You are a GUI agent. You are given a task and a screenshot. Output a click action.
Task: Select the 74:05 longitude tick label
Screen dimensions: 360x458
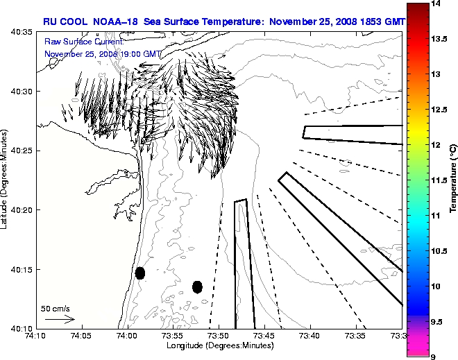[x=81, y=336]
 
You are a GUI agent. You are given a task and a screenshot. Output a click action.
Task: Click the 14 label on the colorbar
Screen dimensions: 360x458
[x=436, y=3]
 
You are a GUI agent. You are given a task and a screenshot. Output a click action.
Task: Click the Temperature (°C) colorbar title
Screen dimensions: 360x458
[x=452, y=180]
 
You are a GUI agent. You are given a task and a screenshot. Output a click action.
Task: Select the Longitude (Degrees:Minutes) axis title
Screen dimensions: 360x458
[x=218, y=345]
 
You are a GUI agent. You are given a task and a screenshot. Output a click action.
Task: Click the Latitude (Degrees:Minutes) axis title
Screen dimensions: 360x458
[x=6, y=180]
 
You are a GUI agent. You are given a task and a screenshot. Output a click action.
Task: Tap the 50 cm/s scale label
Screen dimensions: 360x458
[x=56, y=308]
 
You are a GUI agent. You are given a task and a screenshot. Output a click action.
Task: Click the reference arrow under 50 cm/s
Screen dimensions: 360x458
[x=59, y=319]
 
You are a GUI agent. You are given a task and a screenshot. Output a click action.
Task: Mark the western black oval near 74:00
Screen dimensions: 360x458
[x=140, y=273]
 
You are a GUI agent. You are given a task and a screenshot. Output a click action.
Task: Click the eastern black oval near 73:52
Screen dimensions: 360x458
[x=197, y=286]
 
